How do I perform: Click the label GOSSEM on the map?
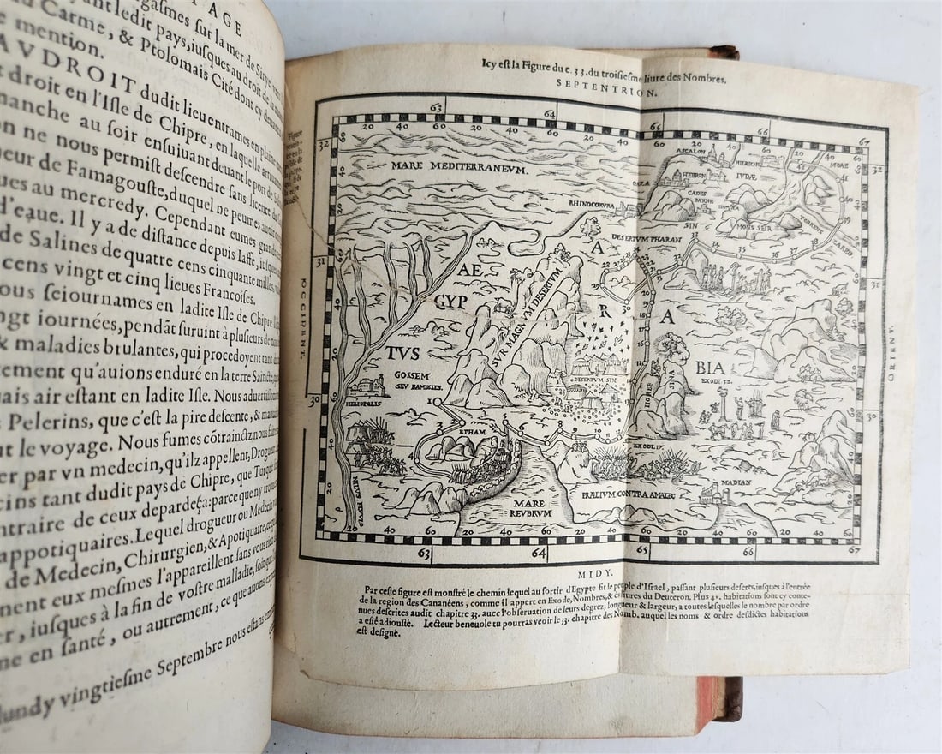point(411,374)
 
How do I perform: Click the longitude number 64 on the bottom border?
point(538,553)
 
